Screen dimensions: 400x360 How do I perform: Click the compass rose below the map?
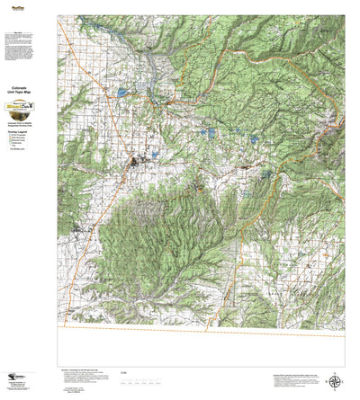[336, 379]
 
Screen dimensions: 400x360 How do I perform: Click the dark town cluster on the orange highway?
[136, 162]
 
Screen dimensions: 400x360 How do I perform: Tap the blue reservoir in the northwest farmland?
[143, 90]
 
